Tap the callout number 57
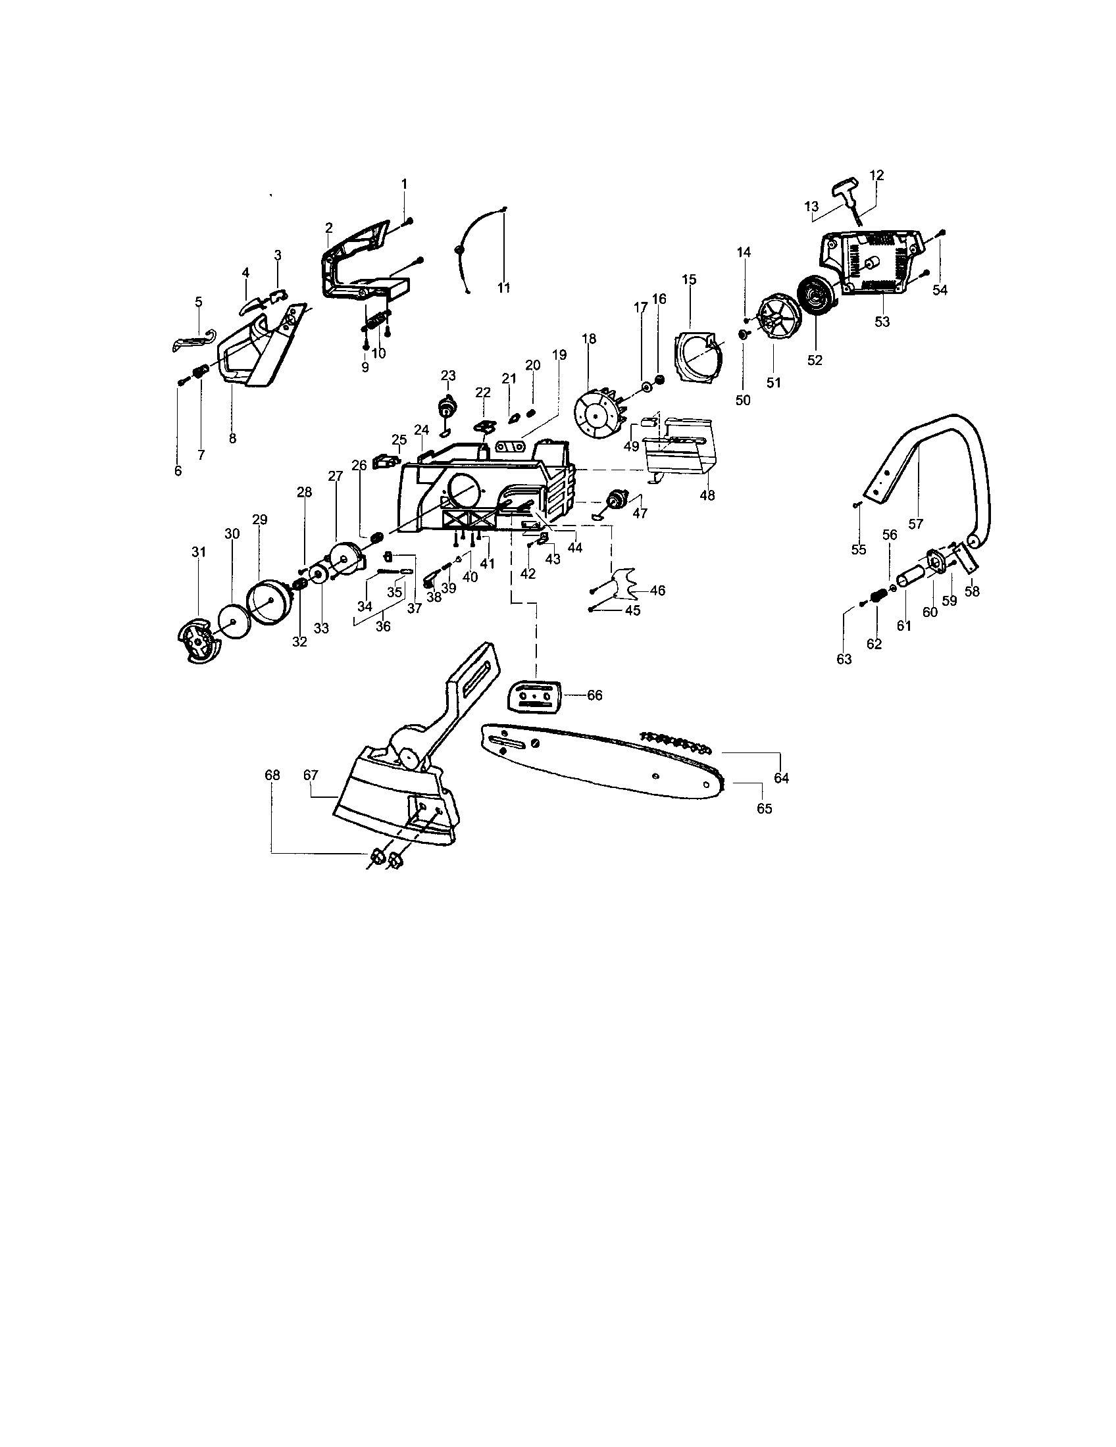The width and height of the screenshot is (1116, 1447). coord(915,524)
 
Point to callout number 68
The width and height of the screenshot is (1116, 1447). coord(272,775)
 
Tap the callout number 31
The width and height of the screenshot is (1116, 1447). coord(199,551)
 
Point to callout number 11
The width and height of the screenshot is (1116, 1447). coord(504,287)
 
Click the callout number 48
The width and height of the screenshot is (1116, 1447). coord(707,495)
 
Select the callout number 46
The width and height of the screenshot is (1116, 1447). coord(657,590)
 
